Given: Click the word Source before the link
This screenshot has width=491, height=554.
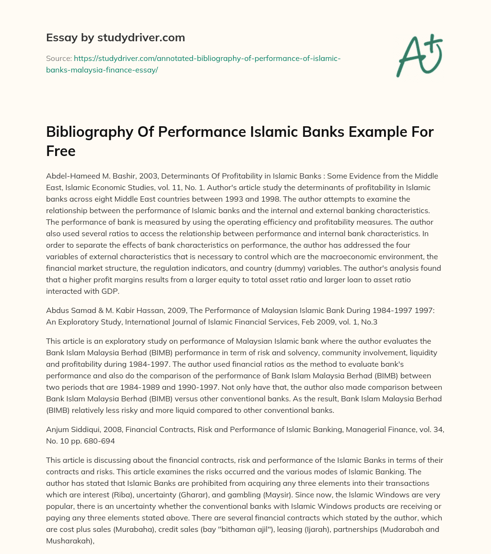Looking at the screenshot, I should (x=58, y=58).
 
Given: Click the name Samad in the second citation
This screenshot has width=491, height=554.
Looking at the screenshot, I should (x=80, y=310).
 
